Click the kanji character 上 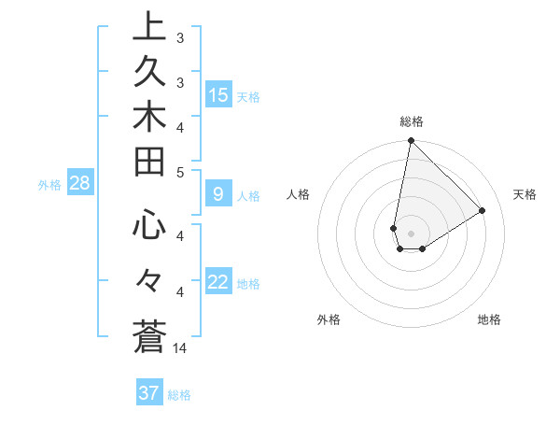coord(149,27)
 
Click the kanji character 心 coord(149,225)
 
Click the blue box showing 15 coord(218,94)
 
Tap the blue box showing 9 coord(218,194)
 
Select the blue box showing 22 coord(218,282)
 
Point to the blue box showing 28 coord(79,183)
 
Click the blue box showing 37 coord(149,393)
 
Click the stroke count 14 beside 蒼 coord(181,348)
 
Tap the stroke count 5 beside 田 coord(180,172)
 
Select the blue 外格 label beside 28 coord(49,185)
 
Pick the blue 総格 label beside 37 coord(179,395)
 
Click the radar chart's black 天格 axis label coord(525,194)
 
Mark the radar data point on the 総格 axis coord(411,141)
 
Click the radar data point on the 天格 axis coord(483,210)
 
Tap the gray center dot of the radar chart coord(411,234)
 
